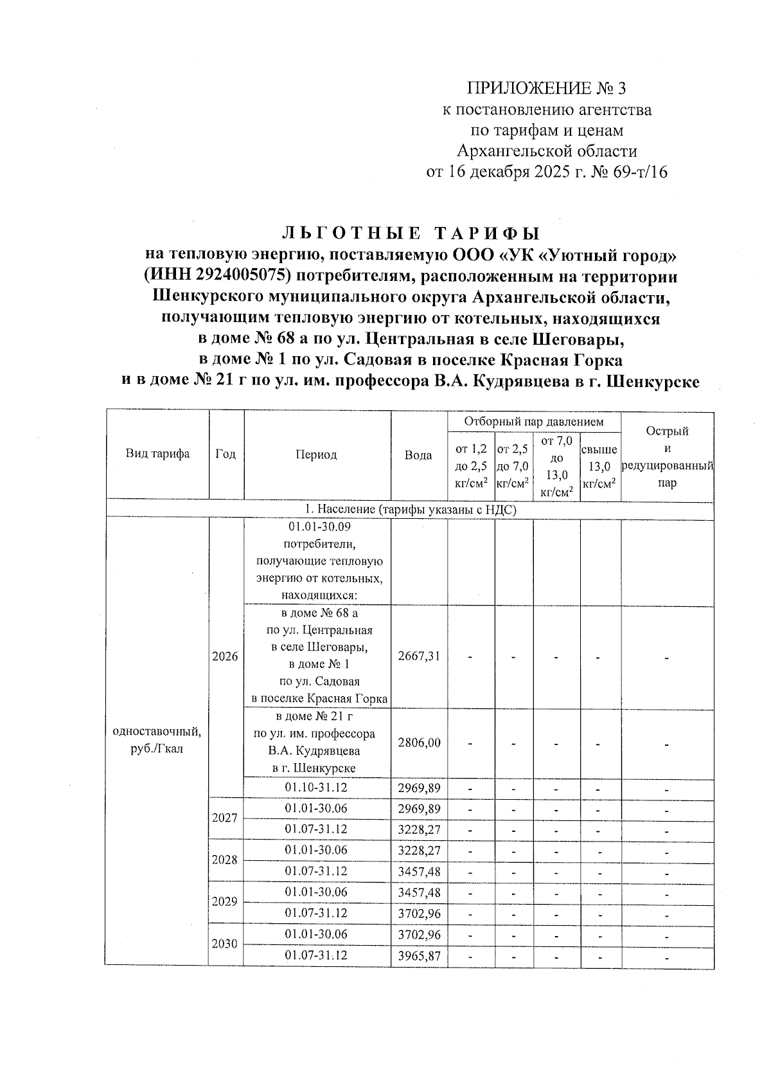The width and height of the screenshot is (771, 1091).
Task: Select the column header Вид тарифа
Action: coord(157,454)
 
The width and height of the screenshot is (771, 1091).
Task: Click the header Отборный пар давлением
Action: coord(533,422)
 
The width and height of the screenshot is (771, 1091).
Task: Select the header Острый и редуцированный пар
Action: coord(667,456)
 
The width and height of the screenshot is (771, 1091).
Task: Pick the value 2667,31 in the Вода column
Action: coord(419,656)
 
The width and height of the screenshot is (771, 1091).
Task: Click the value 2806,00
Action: coord(419,743)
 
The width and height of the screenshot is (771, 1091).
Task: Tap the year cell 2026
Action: coord(225,656)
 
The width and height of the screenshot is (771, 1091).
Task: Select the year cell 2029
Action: coord(225,901)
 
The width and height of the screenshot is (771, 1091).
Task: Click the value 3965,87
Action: coord(419,956)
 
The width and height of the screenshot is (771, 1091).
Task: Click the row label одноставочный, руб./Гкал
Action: coord(157,740)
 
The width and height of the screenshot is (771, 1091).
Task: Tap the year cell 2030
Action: coord(225,944)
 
